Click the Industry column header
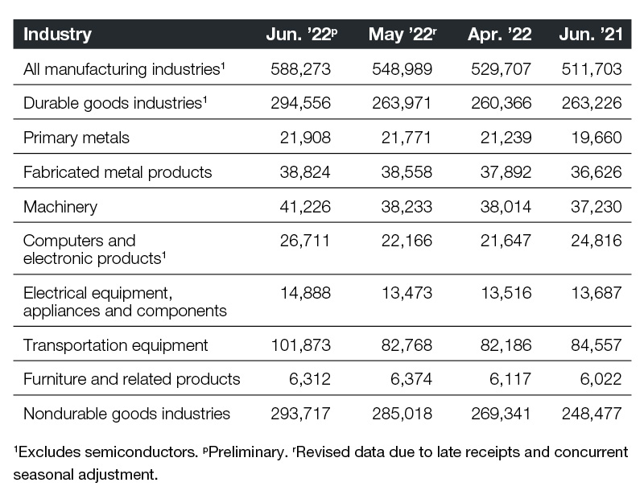click(x=57, y=34)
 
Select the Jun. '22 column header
click(x=302, y=34)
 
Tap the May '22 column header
click(x=402, y=34)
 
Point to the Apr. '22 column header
click(x=499, y=34)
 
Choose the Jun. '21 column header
click(x=591, y=34)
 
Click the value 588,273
click(x=300, y=69)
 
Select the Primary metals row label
click(x=76, y=138)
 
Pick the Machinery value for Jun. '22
click(x=305, y=207)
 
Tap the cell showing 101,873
click(x=300, y=345)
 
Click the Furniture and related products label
click(x=132, y=379)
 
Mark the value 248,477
click(x=592, y=414)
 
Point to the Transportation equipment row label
click(x=116, y=345)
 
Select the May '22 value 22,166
click(x=407, y=241)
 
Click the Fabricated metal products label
click(x=118, y=172)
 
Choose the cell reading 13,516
click(x=506, y=293)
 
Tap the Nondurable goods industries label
click(x=127, y=414)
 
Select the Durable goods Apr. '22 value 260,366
click(x=501, y=103)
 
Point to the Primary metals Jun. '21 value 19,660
click(x=597, y=138)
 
